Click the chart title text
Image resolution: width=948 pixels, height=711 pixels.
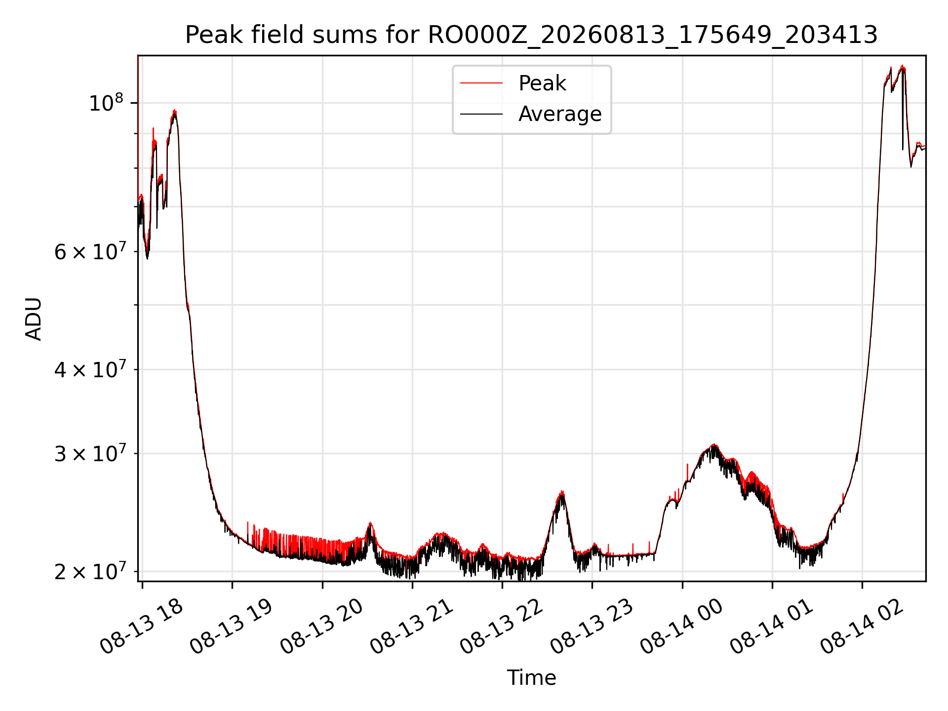click(x=531, y=35)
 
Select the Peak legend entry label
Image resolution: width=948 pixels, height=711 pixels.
click(x=542, y=83)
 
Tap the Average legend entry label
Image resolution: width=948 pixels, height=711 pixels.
click(x=560, y=114)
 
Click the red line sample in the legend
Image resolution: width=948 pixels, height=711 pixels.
click(x=481, y=83)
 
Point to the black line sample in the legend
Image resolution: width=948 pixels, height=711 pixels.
click(x=481, y=114)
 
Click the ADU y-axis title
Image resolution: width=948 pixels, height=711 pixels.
click(x=34, y=319)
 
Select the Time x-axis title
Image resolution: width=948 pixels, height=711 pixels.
click(x=531, y=678)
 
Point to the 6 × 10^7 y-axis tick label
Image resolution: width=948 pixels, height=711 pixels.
click(x=89, y=251)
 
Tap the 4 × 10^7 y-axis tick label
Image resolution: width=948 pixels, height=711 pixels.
click(x=89, y=369)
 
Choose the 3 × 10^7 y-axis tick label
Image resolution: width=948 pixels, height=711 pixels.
click(x=89, y=453)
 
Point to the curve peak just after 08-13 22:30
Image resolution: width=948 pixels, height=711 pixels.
click(x=561, y=492)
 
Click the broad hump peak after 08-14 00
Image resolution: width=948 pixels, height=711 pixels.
click(x=713, y=445)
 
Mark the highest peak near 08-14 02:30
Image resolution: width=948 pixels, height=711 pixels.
click(x=903, y=66)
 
